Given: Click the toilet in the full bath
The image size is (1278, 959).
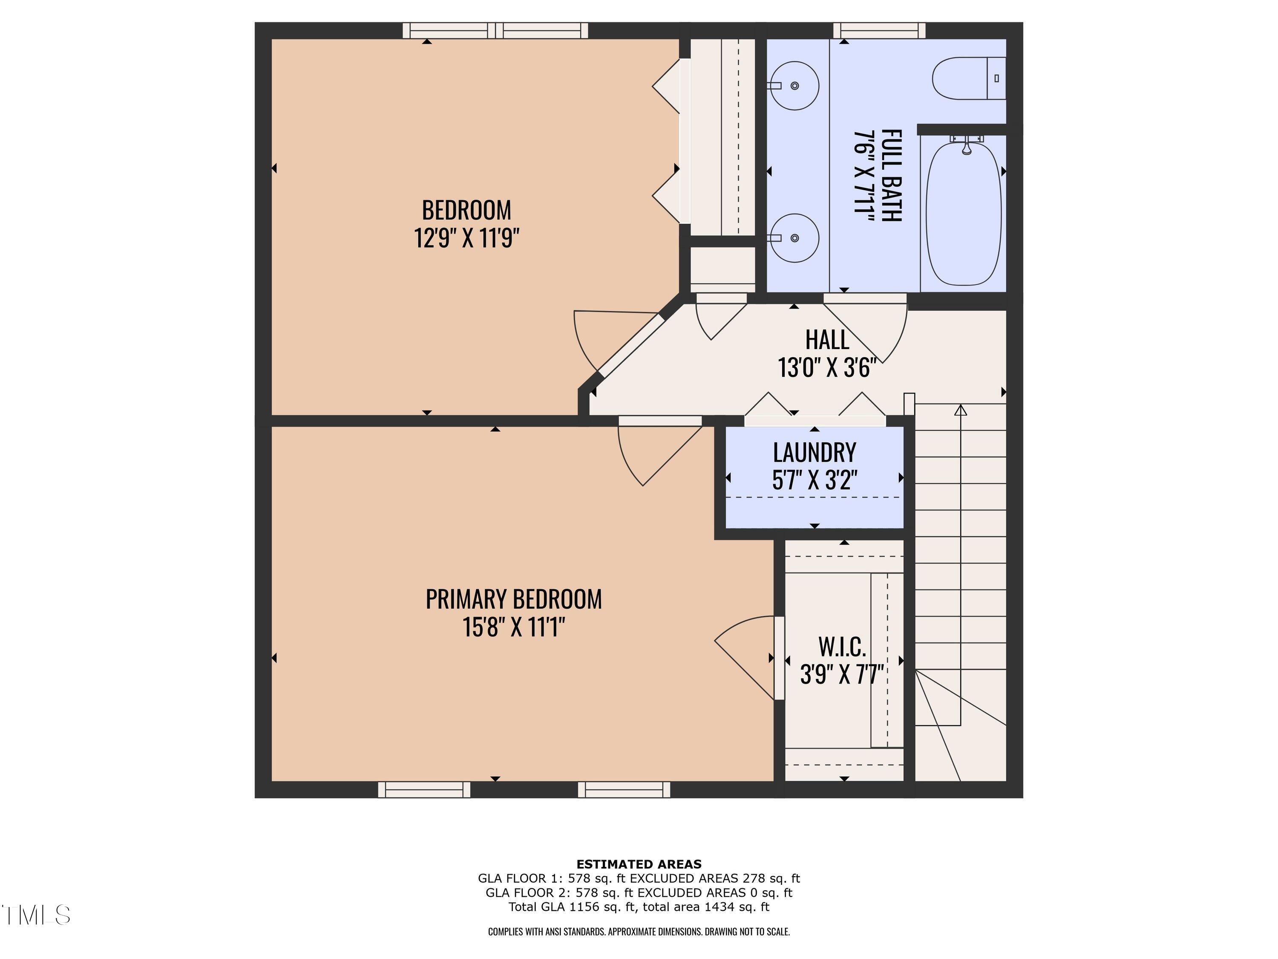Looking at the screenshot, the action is point(969,78).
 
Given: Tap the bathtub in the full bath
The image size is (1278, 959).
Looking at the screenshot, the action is point(963,213).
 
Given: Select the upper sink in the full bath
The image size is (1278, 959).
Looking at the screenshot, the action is point(794,86).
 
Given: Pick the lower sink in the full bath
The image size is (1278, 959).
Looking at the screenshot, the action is point(794,237).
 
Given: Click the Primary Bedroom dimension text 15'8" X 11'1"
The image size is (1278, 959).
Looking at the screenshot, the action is point(513,627).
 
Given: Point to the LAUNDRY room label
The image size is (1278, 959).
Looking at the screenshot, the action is point(814,453).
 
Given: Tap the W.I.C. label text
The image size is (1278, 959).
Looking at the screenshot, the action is point(842,647).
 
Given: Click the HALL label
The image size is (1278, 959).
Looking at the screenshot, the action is point(827,340).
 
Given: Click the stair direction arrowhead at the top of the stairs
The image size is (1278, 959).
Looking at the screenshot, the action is point(960,410).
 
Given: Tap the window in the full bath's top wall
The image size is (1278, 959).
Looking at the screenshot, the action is point(879,30).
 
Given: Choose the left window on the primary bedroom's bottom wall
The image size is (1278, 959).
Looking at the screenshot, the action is point(424,790).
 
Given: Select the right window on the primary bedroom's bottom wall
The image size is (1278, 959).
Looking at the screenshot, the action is point(624,790).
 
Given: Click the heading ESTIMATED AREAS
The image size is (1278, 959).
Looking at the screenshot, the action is point(639,864).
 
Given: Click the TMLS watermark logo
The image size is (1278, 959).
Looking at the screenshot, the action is point(36,915).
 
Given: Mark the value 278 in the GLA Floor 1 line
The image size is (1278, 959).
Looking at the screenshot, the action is point(754,878).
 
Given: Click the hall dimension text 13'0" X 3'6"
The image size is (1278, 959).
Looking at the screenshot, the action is point(827,368).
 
